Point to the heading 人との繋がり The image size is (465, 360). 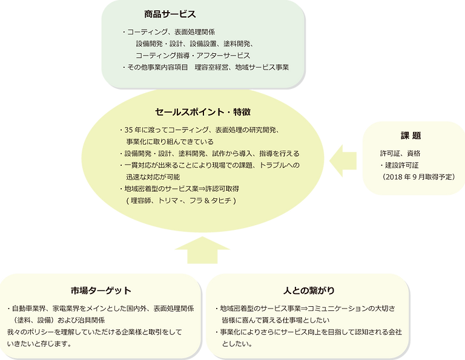click(x=309, y=289)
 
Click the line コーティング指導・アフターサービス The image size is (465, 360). click(x=193, y=54)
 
